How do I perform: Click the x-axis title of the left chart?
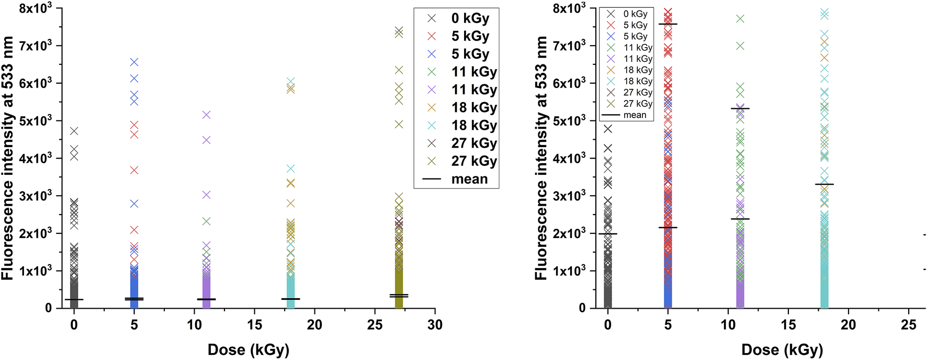(x=248, y=350)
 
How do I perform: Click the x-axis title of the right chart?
(x=782, y=350)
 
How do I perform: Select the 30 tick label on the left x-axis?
(x=435, y=325)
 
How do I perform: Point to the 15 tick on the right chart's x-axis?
(x=788, y=325)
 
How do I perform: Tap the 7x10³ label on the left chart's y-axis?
(x=36, y=45)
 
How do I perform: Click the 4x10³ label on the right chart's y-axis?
(x=570, y=157)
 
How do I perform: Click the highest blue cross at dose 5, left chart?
(x=134, y=62)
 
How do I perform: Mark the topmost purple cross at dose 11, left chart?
(x=206, y=115)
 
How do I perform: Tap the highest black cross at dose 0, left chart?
(x=74, y=131)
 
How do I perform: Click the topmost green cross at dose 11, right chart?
(x=740, y=19)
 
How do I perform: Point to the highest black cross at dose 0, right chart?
(x=607, y=129)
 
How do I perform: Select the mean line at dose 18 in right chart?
(x=824, y=184)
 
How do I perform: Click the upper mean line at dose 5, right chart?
(x=668, y=24)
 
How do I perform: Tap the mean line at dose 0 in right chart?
(x=607, y=234)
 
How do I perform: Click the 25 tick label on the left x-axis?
(x=375, y=325)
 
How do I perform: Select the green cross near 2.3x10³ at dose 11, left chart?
(x=206, y=221)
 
